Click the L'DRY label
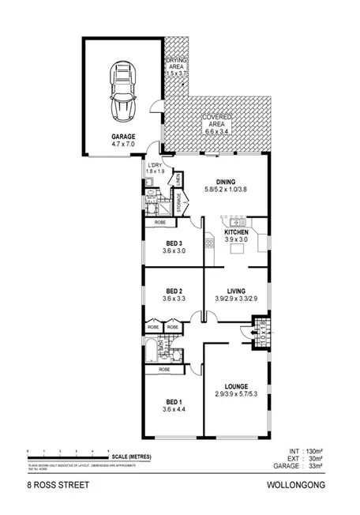pyautogui.click(x=155, y=164)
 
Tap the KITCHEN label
pyautogui.click(x=236, y=231)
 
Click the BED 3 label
pyautogui.click(x=174, y=243)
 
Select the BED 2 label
pyautogui.click(x=174, y=291)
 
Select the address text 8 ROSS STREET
pyautogui.click(x=59, y=487)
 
